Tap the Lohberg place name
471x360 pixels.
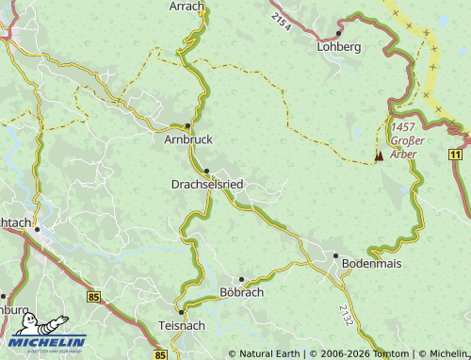point(340,46)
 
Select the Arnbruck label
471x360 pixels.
point(188,139)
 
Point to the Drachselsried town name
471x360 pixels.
point(207,184)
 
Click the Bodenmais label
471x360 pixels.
point(371,264)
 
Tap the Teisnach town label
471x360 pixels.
point(182,325)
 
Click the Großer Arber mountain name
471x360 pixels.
point(407,148)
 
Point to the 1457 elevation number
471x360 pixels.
point(403,126)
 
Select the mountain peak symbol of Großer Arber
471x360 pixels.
point(380,155)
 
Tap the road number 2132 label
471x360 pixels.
point(347,315)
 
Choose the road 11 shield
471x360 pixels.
point(456,153)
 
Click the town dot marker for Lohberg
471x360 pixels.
point(338,33)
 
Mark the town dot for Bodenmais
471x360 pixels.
point(335,254)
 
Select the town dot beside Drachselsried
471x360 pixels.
point(206,171)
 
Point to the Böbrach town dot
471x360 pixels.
point(241,279)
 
